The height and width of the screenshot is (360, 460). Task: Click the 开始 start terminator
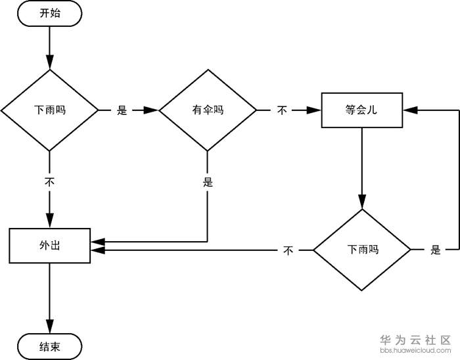click(49, 14)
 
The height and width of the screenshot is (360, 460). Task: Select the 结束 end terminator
click(49, 346)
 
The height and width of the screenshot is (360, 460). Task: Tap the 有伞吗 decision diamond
click(208, 110)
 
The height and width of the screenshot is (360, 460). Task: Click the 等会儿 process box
click(361, 110)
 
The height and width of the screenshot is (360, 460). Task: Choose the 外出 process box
click(49, 245)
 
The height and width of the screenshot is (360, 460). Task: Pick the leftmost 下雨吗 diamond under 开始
click(49, 110)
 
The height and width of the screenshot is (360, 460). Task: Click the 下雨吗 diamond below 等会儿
click(361, 250)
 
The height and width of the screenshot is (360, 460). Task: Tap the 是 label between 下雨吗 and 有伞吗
click(122, 110)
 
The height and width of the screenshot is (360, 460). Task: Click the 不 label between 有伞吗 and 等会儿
click(282, 110)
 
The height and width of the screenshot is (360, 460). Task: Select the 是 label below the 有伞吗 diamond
click(208, 183)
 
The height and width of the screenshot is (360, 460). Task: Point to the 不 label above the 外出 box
click(49, 182)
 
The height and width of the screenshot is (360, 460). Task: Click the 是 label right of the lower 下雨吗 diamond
click(435, 250)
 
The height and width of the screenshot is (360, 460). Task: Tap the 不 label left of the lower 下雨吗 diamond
click(288, 250)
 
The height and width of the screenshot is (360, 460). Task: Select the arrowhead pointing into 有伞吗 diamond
click(152, 110)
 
